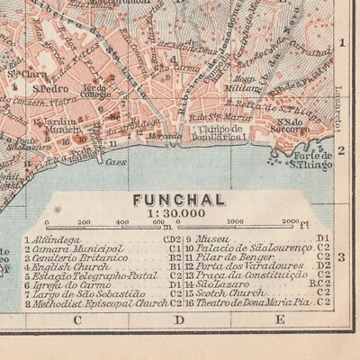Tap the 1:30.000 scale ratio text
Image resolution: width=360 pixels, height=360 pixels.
point(178,213)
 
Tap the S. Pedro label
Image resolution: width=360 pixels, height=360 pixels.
point(47,88)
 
